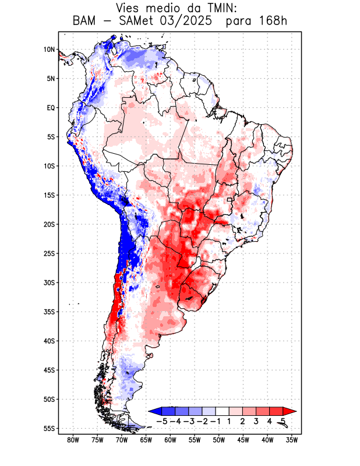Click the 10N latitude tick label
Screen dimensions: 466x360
click(x=49, y=50)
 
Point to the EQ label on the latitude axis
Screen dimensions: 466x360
click(x=50, y=108)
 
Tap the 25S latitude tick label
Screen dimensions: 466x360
click(x=49, y=253)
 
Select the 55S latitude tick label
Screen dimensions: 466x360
click(x=49, y=428)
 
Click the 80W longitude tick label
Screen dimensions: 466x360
click(x=73, y=440)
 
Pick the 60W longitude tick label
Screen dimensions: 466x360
click(x=170, y=440)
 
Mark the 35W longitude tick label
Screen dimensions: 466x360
click(x=292, y=440)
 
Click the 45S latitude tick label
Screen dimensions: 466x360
click(x=49, y=370)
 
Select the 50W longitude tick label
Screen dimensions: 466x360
click(x=219, y=440)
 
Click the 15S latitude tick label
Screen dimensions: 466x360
click(x=49, y=195)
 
